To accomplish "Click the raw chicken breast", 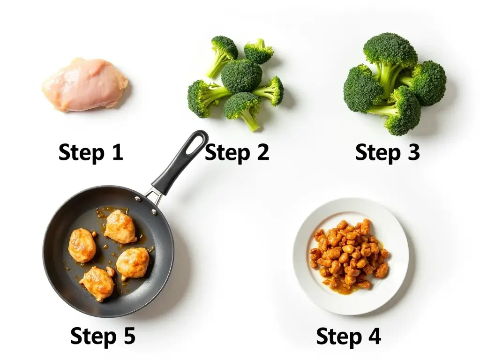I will (x=85, y=84).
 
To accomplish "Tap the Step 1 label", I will (x=90, y=153).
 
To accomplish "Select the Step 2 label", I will (x=237, y=153).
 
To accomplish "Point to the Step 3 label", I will (x=387, y=153).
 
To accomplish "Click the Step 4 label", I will (x=348, y=336).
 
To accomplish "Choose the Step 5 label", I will (x=103, y=336).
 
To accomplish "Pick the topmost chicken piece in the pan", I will (x=120, y=226).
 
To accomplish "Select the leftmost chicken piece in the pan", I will (x=82, y=245).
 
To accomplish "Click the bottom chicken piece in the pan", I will (x=97, y=283).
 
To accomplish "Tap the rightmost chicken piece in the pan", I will (x=133, y=263).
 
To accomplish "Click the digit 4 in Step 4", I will (x=374, y=336).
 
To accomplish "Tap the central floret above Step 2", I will (x=241, y=76).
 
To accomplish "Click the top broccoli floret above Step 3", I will (x=390, y=49).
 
